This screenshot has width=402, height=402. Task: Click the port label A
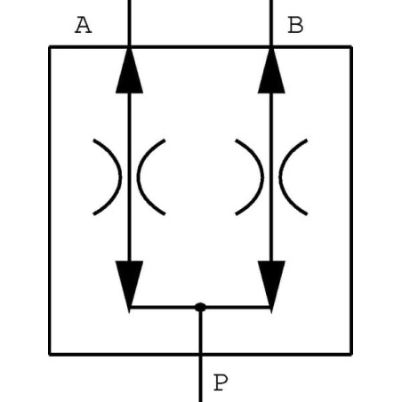pyautogui.click(x=84, y=25)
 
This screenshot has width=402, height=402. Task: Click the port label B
pyautogui.click(x=295, y=25)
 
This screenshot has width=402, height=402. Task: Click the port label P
pyautogui.click(x=221, y=382)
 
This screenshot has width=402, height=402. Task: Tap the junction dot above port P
pyautogui.click(x=200, y=307)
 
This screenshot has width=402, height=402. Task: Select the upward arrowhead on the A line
pyautogui.click(x=129, y=71)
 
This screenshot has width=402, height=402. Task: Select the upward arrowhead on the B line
pyautogui.click(x=271, y=71)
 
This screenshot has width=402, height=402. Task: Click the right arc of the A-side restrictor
pyautogui.click(x=139, y=177)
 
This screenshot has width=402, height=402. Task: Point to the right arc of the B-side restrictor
pyautogui.click(x=280, y=177)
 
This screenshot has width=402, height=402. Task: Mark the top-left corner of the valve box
pyautogui.click(x=50, y=47)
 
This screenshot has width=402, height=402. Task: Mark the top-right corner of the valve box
pyautogui.click(x=351, y=47)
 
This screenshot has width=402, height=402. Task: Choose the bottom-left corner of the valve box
pyautogui.click(x=50, y=354)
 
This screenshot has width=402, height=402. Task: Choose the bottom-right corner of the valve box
pyautogui.click(x=351, y=354)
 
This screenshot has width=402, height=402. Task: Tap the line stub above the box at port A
pyautogui.click(x=129, y=23)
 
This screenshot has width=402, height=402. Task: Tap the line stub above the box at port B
pyautogui.click(x=271, y=23)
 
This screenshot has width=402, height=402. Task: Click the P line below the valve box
pyautogui.click(x=200, y=379)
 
